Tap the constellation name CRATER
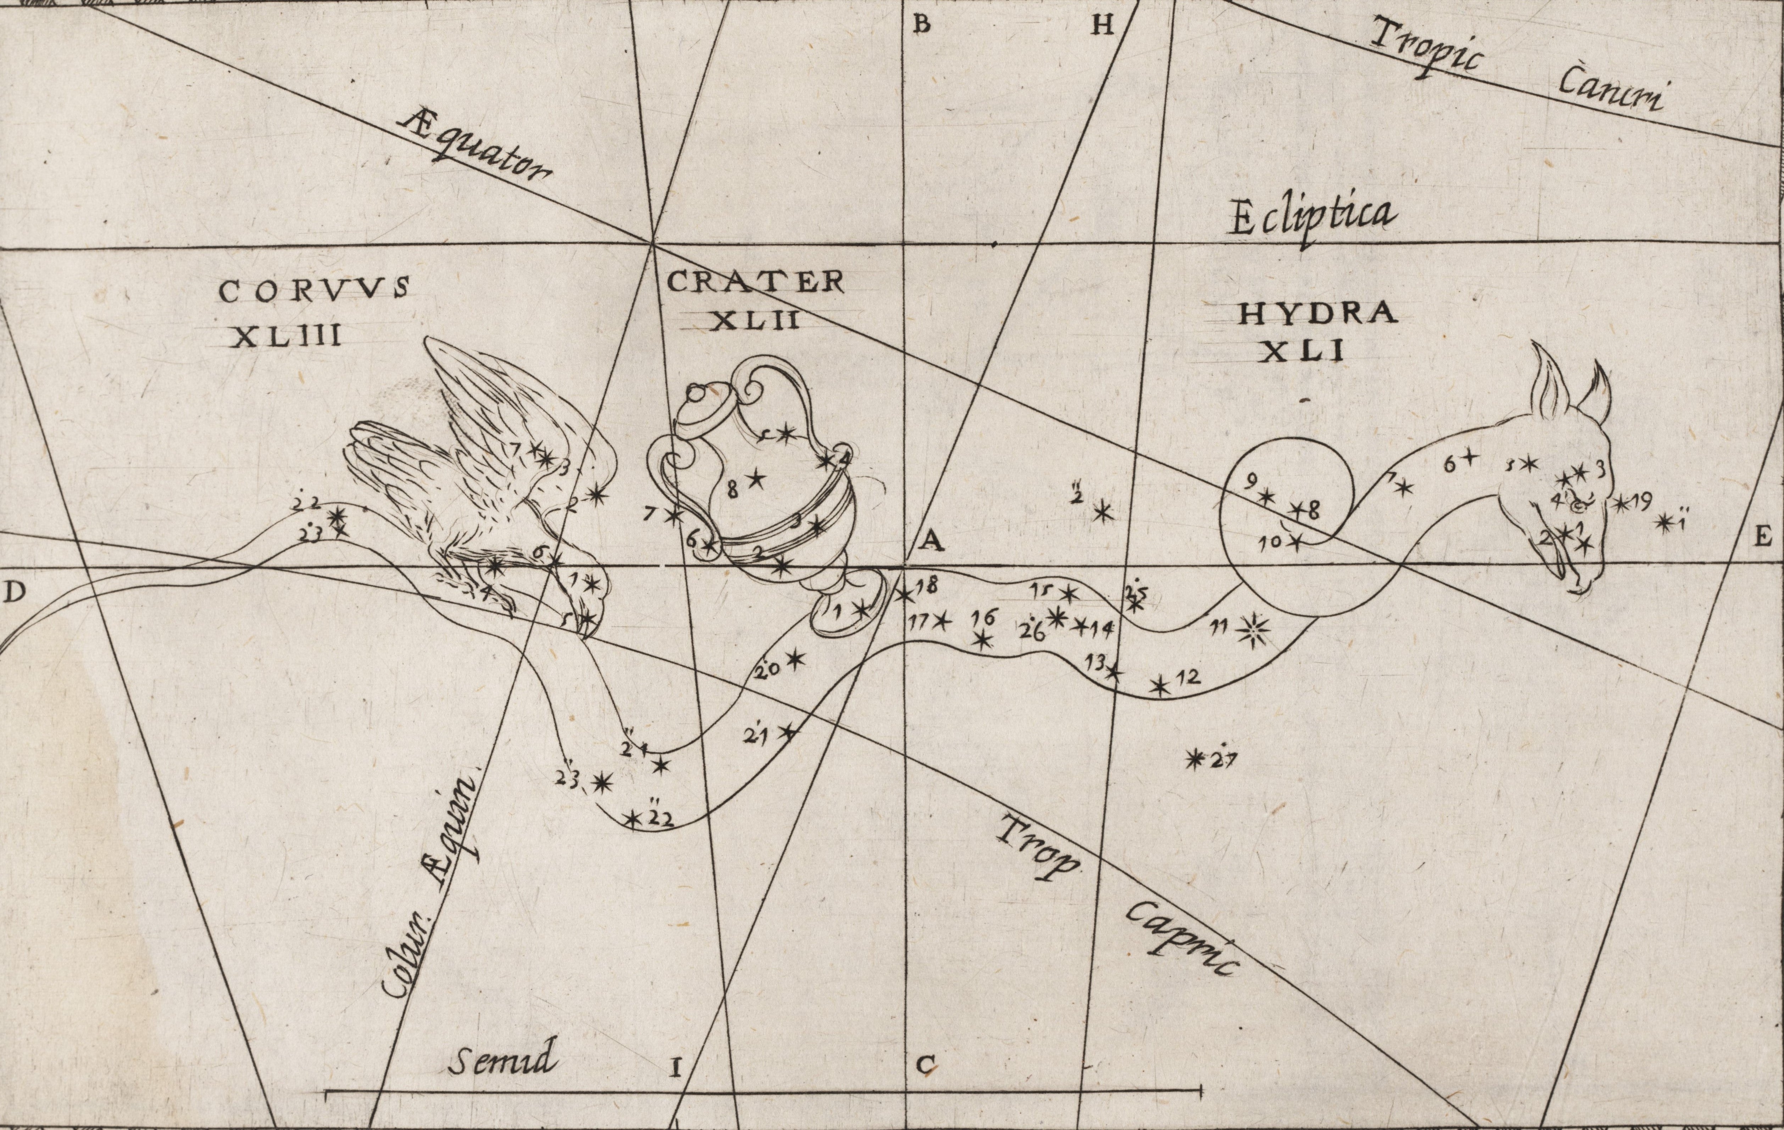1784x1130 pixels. (756, 282)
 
